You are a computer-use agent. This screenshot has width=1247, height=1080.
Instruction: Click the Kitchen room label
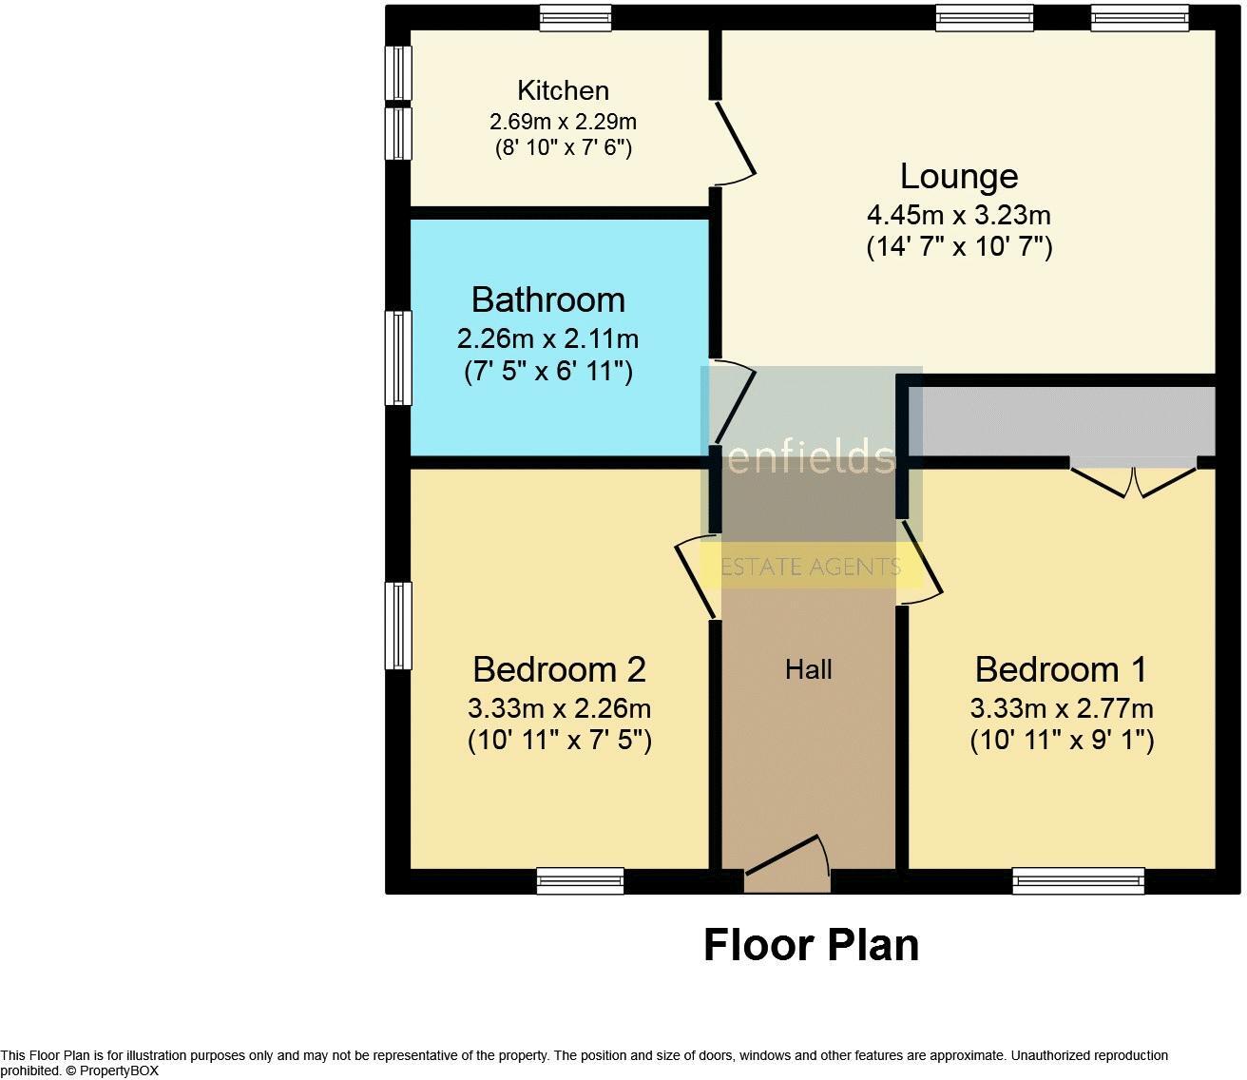click(563, 90)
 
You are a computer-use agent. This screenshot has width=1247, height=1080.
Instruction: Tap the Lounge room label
click(959, 176)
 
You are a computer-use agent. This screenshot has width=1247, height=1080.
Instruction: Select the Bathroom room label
click(548, 299)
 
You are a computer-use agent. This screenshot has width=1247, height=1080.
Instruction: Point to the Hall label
click(809, 670)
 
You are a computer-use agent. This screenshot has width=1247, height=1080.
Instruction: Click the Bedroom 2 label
click(559, 669)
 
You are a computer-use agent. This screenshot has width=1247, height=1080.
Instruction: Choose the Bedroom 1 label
click(1061, 669)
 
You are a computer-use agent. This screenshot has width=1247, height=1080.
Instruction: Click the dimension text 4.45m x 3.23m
click(959, 215)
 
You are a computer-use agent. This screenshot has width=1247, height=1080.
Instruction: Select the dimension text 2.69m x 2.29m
click(563, 122)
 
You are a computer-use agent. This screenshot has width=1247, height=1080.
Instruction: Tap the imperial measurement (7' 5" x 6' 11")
click(548, 371)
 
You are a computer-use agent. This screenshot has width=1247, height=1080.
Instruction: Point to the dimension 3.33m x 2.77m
click(1062, 708)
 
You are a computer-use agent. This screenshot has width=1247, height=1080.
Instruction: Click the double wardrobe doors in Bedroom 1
click(1133, 479)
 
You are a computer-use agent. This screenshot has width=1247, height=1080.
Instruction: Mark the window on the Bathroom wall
click(398, 357)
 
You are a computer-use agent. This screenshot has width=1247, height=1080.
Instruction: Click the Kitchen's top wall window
click(575, 17)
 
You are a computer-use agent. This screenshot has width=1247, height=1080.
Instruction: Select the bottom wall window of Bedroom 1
click(1079, 881)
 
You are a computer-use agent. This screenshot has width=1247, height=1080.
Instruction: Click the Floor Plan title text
click(811, 945)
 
